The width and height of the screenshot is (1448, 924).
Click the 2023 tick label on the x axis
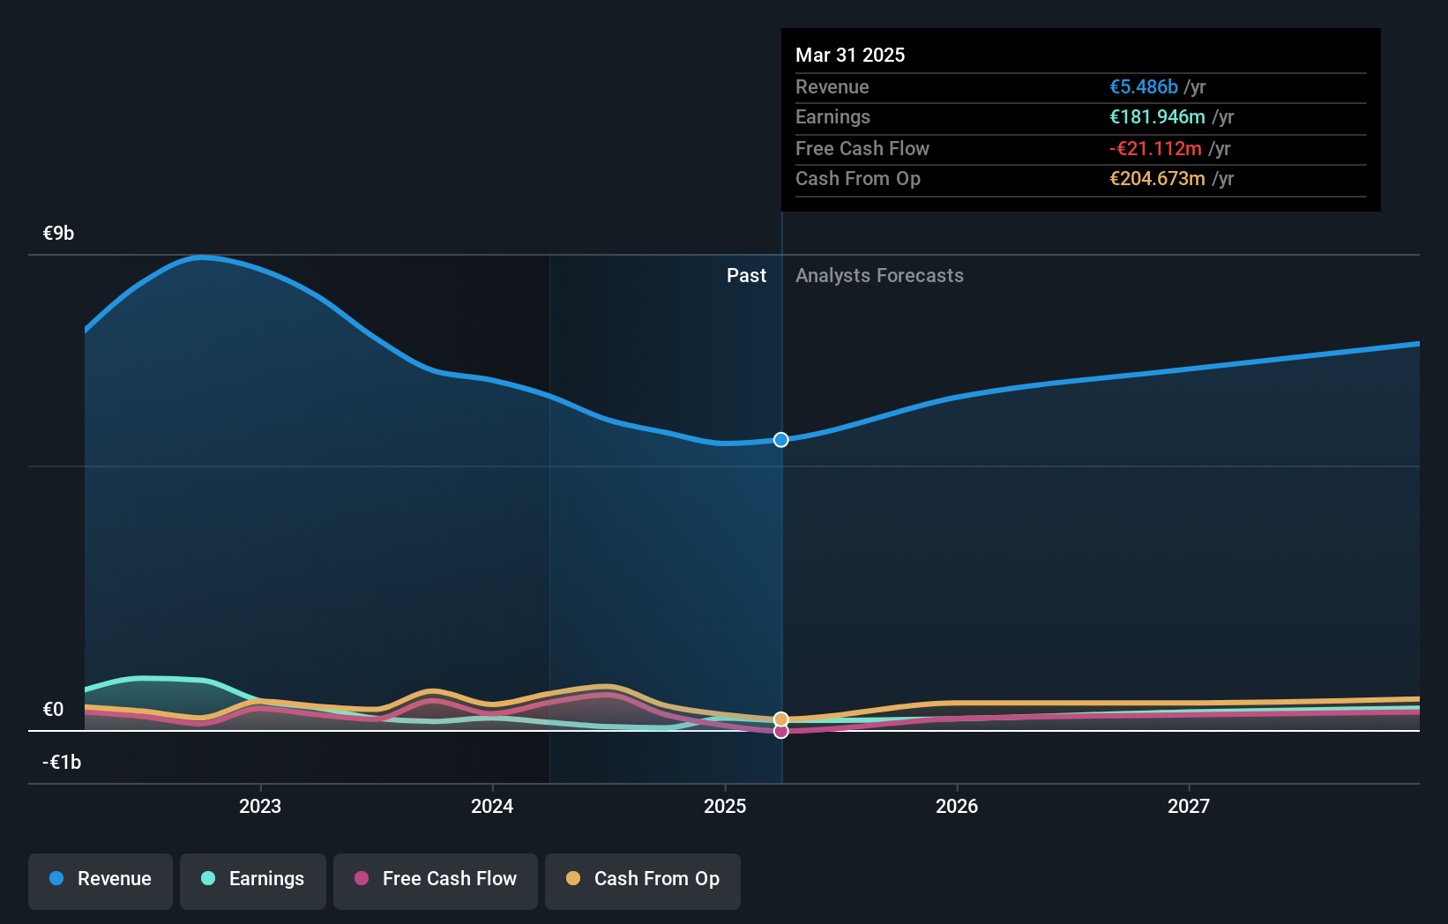260,806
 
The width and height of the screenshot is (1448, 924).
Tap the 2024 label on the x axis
492,806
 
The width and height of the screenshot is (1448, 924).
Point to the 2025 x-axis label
725,806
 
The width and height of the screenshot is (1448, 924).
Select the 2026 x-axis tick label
957,806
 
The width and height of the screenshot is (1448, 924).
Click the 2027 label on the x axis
1189,806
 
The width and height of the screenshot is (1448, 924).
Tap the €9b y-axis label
59,233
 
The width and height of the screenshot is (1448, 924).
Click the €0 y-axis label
54,709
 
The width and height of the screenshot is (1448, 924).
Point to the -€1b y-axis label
62,762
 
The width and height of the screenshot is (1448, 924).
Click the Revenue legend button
101,879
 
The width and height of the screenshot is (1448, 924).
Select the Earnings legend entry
253,879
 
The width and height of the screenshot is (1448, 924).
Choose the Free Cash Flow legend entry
436,879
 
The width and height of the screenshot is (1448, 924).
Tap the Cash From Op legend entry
643,879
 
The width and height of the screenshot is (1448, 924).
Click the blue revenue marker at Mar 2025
781,440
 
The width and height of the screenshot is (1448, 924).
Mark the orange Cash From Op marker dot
781,719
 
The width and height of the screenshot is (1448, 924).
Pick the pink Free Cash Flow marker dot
781,731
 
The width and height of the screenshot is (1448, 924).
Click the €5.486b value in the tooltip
1144,86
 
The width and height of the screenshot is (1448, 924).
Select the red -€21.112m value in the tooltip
1155,148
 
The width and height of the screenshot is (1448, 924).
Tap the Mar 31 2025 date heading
850,55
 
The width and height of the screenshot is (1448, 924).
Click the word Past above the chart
746,275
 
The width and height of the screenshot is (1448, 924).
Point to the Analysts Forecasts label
879,275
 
